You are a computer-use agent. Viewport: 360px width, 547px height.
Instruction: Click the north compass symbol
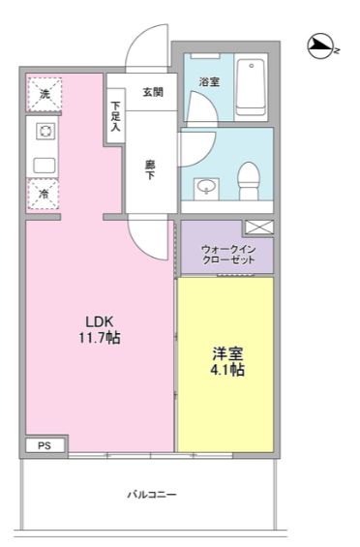pos(320,46)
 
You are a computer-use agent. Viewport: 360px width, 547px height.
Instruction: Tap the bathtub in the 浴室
pos(251,87)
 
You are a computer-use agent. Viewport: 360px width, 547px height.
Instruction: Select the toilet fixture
pos(249,181)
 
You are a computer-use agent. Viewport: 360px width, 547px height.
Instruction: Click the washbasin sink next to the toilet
pos(206,189)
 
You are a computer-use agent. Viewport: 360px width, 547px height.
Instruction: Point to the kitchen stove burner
pos(45,132)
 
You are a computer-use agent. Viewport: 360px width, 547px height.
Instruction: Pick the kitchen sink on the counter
pos(45,166)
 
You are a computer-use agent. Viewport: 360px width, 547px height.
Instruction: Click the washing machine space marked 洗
pos(45,94)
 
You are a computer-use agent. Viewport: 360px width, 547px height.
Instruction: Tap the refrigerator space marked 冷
pos(44,194)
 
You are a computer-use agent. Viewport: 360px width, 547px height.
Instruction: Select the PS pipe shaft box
pos(45,445)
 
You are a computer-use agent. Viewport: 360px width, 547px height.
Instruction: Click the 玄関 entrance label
pos(153,92)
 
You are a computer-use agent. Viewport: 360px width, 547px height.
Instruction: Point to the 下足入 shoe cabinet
pos(115,116)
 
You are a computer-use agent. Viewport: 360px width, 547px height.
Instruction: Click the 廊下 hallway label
pos(150,169)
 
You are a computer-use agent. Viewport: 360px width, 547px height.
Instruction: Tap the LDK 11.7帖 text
pos(100,329)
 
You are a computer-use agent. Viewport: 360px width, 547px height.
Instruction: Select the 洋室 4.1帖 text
pos(227,361)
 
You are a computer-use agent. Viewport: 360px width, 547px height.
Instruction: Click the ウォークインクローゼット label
pos(228,255)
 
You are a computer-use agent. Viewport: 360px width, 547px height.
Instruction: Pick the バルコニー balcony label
pos(152,495)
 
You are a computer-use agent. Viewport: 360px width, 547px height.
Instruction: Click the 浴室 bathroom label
pos(209,82)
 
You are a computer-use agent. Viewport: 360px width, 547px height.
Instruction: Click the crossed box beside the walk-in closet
pos(258,228)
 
